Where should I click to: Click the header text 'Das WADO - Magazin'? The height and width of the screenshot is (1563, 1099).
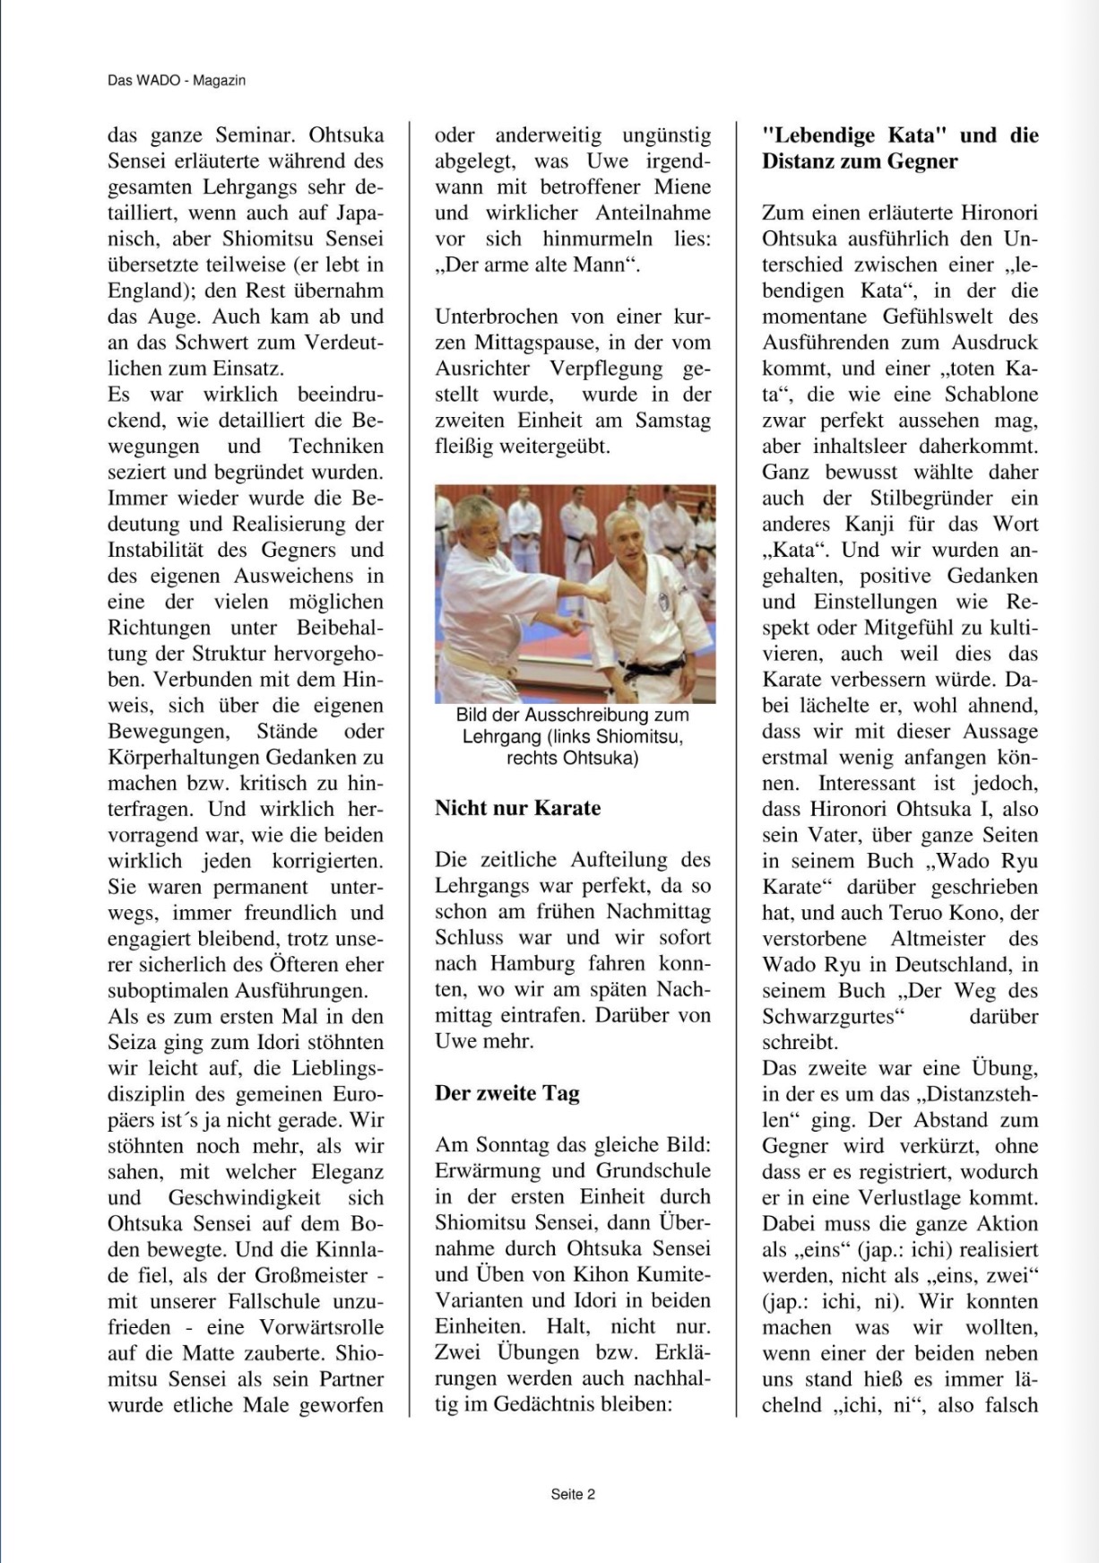(x=177, y=81)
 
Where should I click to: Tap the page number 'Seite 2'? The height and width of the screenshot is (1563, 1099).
(x=573, y=1494)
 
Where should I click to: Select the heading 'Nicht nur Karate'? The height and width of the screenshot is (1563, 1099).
(x=518, y=808)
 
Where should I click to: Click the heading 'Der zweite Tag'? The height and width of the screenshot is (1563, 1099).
(x=507, y=1093)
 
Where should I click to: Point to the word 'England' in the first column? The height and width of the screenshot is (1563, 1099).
(x=147, y=291)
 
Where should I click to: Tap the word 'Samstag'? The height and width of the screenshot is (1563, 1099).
(x=673, y=421)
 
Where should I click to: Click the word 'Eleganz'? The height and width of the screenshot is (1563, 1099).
(x=348, y=1172)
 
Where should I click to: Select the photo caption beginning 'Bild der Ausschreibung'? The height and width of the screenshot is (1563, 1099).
(x=573, y=736)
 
